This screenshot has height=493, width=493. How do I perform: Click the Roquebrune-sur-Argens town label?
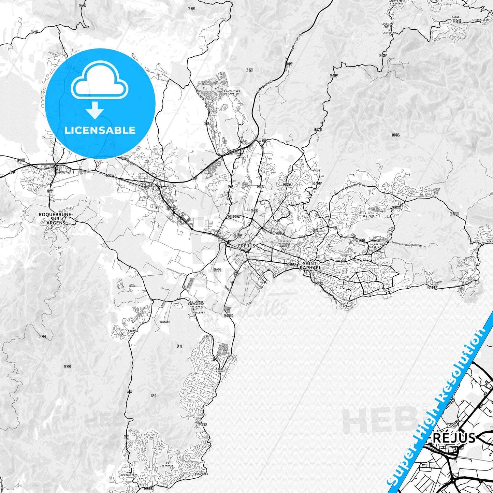(56, 218)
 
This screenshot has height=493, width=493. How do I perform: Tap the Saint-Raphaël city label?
(310, 266)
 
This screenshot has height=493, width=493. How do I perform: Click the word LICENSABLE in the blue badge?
(100, 130)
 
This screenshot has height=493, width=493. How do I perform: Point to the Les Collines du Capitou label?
(231, 92)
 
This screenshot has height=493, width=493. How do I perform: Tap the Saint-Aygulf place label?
(220, 370)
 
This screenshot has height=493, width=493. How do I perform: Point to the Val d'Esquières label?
(129, 475)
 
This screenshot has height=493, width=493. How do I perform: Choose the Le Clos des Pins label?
(368, 215)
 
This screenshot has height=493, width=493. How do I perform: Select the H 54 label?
(396, 135)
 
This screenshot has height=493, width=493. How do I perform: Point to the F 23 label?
(42, 336)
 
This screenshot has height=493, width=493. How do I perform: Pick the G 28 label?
(249, 70)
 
